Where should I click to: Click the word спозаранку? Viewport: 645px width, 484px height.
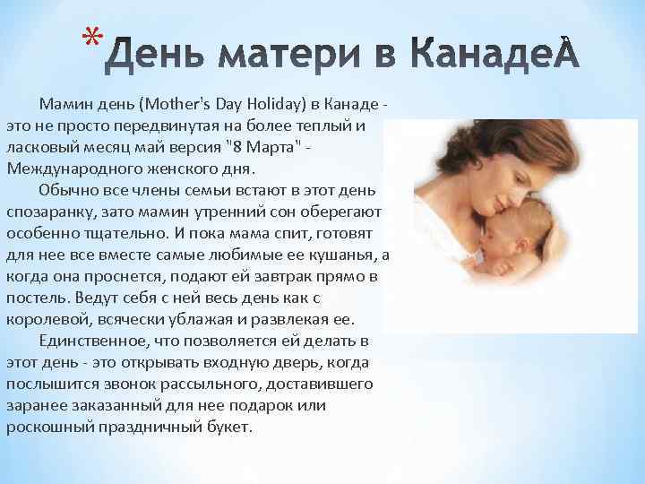[x=53, y=212]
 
